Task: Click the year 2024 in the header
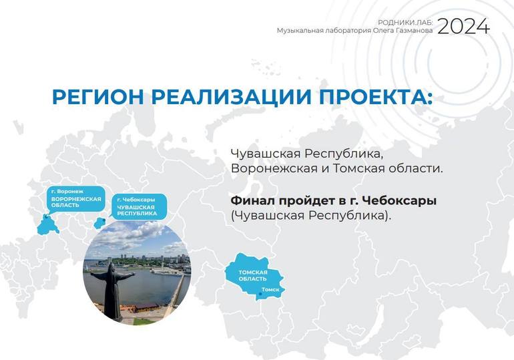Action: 463,26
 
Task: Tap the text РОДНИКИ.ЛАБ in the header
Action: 405,22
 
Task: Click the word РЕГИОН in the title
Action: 98,97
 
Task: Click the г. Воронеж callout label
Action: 67,191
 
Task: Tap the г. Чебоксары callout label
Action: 136,199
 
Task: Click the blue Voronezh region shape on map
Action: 47,224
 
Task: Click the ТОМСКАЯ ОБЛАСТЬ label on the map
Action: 253,275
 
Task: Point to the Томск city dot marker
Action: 260,294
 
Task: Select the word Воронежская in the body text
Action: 274,168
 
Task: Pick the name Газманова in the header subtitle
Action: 416,31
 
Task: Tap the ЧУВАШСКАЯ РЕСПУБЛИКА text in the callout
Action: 137,210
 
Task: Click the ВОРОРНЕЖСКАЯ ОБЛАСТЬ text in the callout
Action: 76,202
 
